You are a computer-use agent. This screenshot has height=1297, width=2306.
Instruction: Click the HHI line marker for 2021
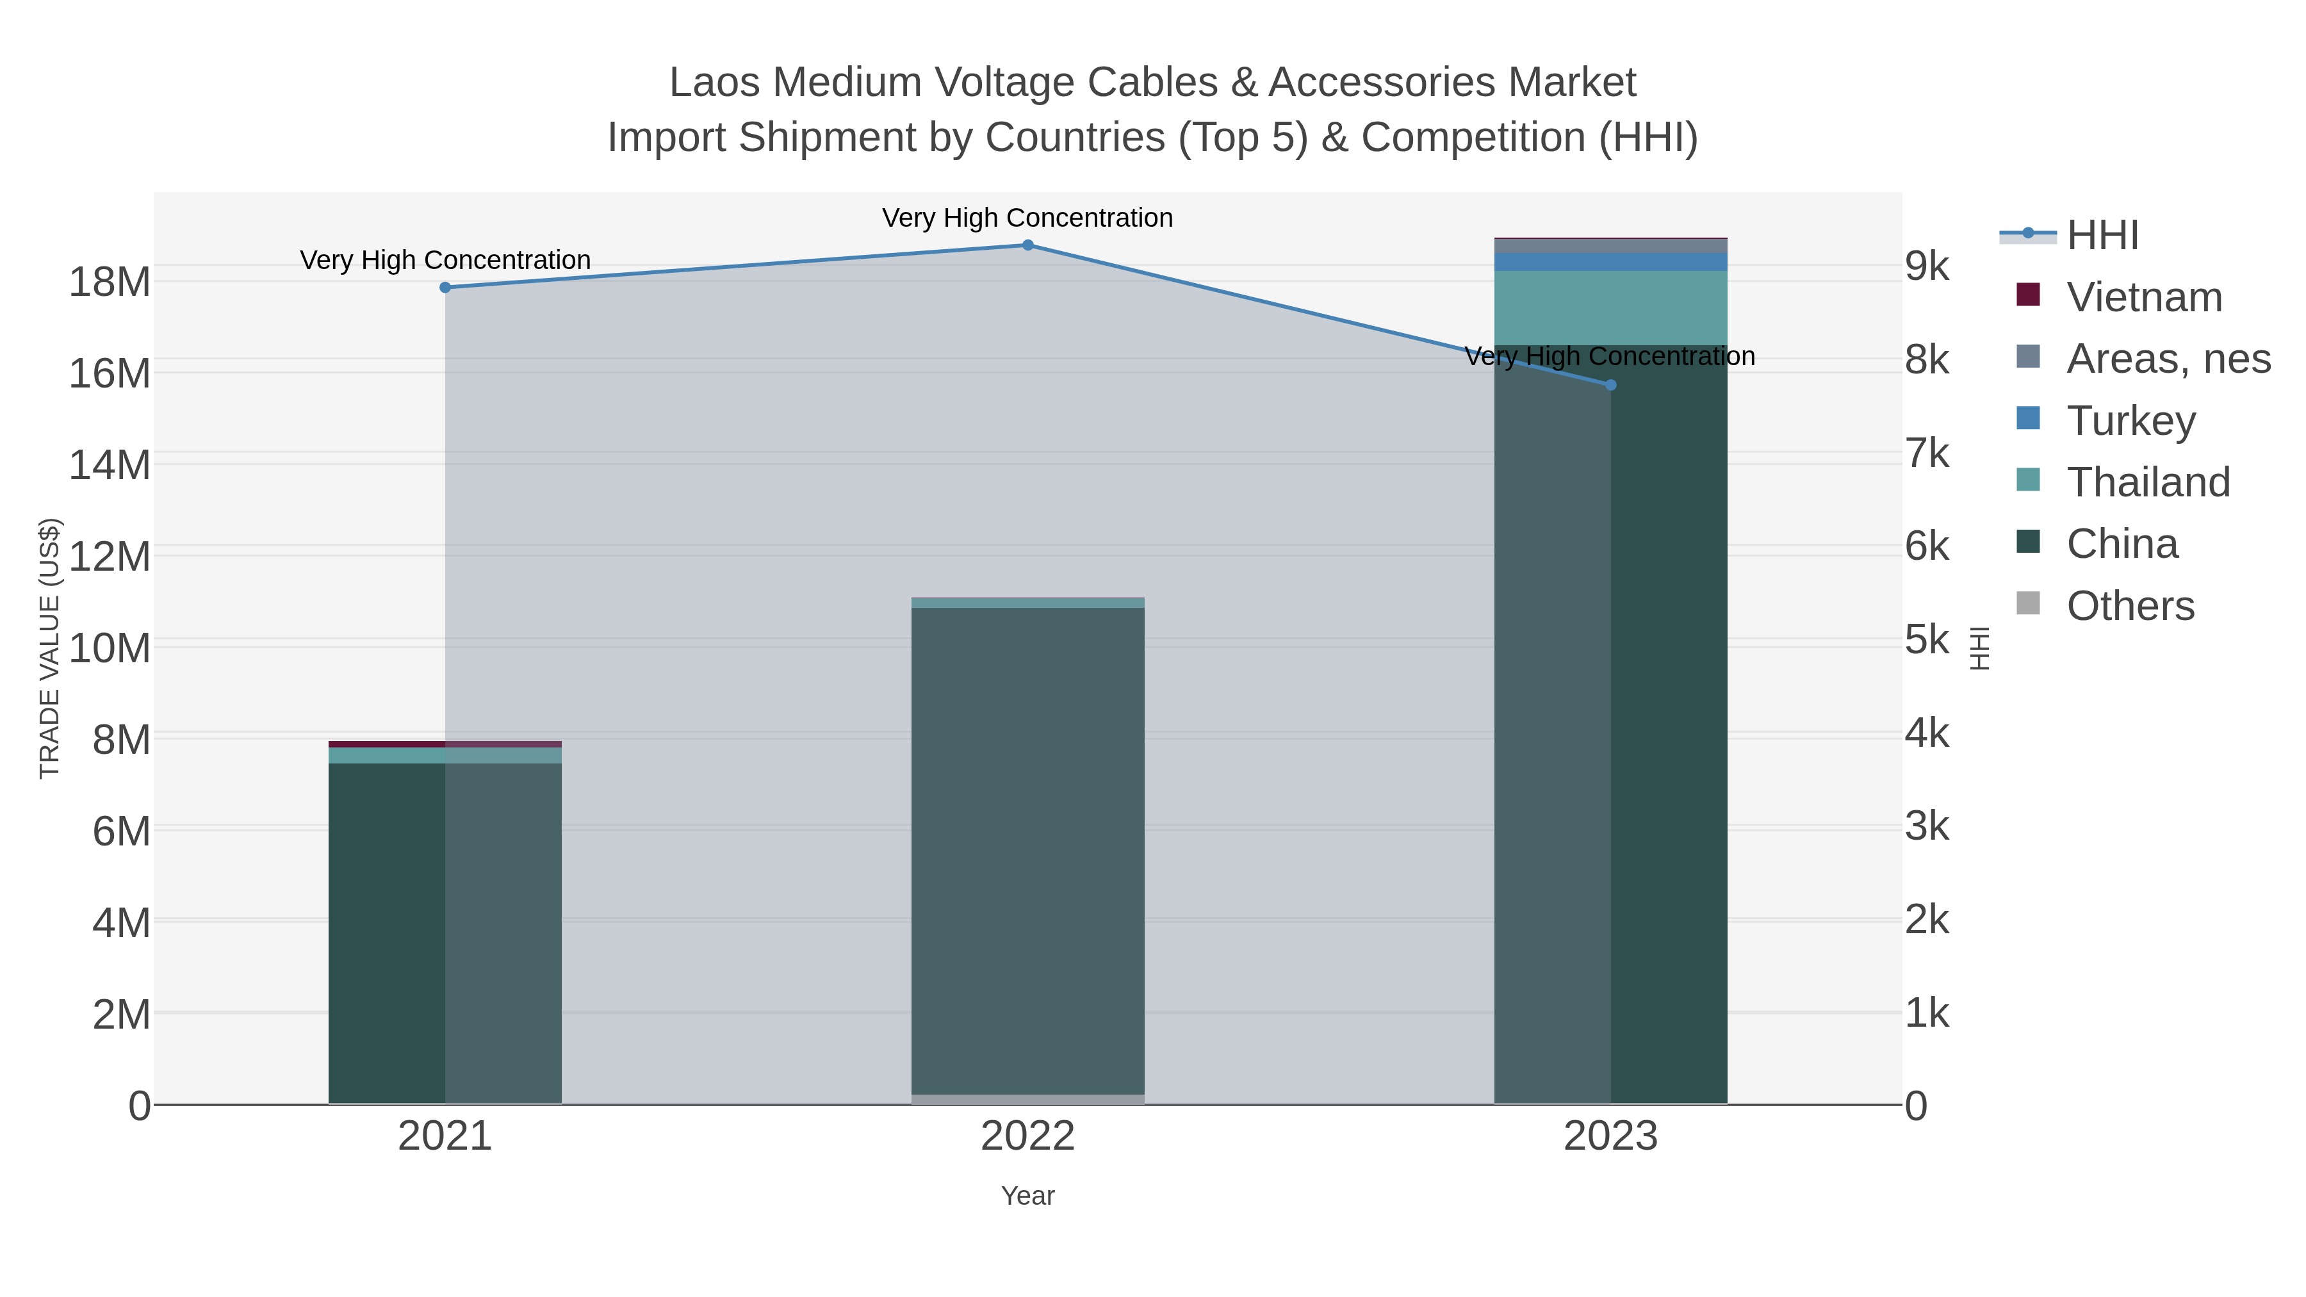pos(445,288)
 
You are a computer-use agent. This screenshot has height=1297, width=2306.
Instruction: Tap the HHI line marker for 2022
pos(1027,245)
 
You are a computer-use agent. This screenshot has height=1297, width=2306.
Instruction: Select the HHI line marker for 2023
pos(1610,385)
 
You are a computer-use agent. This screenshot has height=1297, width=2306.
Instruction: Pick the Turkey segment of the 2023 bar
pos(1610,261)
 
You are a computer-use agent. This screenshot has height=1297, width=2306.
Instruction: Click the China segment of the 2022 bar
pos(1027,851)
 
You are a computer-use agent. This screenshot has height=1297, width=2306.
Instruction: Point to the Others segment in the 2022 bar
pos(1027,1099)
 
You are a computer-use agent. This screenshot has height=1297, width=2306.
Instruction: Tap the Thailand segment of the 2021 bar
pos(445,755)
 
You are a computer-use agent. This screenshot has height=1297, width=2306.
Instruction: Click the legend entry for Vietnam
pos(2143,297)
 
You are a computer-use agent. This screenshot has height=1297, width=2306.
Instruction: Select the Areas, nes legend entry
pos(2167,359)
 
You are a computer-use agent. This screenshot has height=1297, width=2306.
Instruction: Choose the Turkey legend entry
pos(2130,421)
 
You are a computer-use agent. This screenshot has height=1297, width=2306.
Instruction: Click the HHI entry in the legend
pos(2101,236)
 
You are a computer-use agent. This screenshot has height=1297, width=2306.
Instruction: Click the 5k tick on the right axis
pos(1926,640)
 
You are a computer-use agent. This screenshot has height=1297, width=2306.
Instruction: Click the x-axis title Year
pos(1027,1196)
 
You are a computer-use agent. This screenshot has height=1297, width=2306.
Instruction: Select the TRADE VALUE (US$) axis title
pos(49,648)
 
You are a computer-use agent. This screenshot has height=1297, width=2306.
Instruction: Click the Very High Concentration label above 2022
pos(1027,218)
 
